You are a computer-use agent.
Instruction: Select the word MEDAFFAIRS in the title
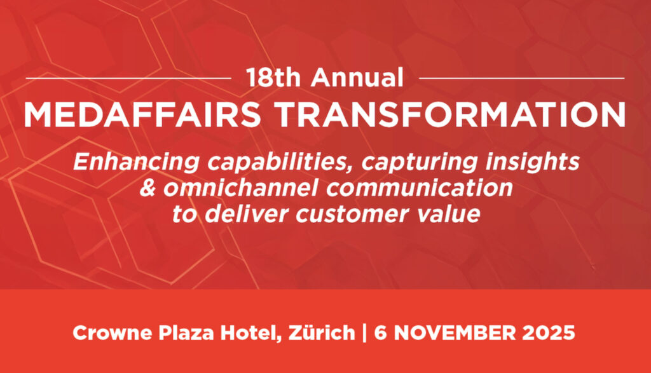pos(142,114)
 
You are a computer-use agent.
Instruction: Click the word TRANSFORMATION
pos(450,114)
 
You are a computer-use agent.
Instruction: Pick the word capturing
pos(419,163)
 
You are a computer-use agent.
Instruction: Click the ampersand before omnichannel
pos(147,187)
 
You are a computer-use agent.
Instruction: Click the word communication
pos(420,187)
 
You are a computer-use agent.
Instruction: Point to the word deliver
pos(247,214)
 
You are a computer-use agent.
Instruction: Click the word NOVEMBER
pos(455,333)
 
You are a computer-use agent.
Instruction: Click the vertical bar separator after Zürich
pos(364,333)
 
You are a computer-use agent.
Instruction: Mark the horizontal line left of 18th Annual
pos(128,78)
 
